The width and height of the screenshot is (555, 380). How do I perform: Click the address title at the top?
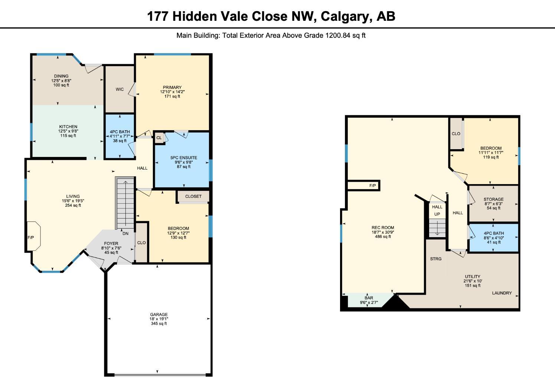pyautogui.click(x=271, y=16)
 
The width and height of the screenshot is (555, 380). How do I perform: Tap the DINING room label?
pyautogui.click(x=61, y=76)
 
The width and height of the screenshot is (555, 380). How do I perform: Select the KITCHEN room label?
pyautogui.click(x=68, y=127)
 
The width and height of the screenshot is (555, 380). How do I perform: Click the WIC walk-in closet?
pyautogui.click(x=120, y=89)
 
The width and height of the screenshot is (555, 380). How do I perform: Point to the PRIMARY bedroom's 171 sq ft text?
pyautogui.click(x=172, y=96)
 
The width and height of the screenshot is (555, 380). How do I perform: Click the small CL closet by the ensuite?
pyautogui.click(x=159, y=138)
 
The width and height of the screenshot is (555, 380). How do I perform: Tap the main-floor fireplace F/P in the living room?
pyautogui.click(x=31, y=237)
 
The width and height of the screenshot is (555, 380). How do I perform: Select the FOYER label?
pyautogui.click(x=111, y=243)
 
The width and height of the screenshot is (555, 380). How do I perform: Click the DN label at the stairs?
pyautogui.click(x=125, y=233)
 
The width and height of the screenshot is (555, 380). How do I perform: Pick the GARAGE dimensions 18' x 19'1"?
pyautogui.click(x=159, y=319)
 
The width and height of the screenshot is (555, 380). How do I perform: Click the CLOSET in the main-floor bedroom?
pyautogui.click(x=193, y=196)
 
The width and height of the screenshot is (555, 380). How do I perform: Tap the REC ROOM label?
pyautogui.click(x=383, y=227)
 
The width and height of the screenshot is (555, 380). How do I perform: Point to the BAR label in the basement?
pyautogui.click(x=369, y=298)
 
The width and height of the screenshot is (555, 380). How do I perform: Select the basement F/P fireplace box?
pyautogui.click(x=372, y=186)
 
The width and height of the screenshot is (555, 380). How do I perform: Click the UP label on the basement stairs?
pyautogui.click(x=437, y=214)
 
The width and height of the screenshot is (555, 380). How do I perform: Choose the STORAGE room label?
pyautogui.click(x=493, y=199)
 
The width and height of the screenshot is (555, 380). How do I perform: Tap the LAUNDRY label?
pyautogui.click(x=502, y=293)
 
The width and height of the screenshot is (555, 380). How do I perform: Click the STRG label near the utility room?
pyautogui.click(x=436, y=259)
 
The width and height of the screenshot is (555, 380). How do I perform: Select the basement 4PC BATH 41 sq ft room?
pyautogui.click(x=493, y=237)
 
